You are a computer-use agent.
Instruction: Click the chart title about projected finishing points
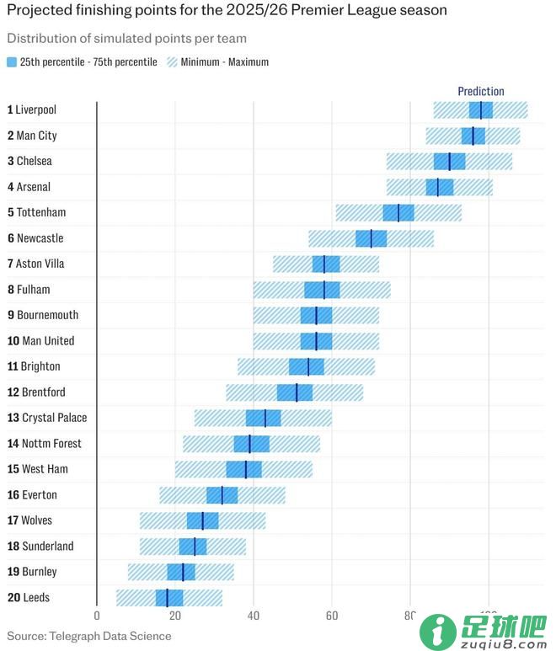click(x=227, y=11)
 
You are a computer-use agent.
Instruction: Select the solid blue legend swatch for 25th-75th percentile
click(x=12, y=62)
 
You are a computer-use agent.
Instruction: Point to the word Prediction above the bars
click(x=481, y=91)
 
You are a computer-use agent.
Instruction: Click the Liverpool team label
click(x=32, y=109)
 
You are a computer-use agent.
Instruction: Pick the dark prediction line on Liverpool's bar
click(x=481, y=109)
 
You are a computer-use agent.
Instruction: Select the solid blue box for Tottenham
click(x=398, y=212)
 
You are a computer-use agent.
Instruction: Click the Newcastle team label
click(x=35, y=238)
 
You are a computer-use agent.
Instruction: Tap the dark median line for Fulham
click(x=324, y=290)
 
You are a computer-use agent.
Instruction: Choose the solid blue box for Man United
click(x=317, y=341)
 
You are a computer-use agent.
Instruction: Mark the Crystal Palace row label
click(x=47, y=418)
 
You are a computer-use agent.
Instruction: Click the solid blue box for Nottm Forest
click(x=252, y=444)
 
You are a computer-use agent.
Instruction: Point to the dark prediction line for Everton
click(x=222, y=495)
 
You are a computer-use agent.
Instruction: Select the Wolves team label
click(x=31, y=520)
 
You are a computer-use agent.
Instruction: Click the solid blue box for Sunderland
click(x=193, y=547)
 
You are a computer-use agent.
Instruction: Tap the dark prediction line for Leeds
click(x=167, y=598)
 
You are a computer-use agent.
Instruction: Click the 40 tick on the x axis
click(x=254, y=616)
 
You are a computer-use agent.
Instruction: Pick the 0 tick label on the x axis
click(x=97, y=616)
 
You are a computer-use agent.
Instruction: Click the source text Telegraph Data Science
click(x=89, y=636)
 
